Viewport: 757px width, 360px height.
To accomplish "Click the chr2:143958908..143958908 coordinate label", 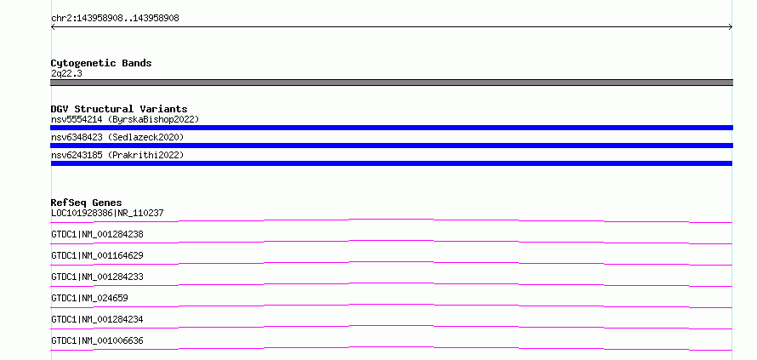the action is pyautogui.click(x=115, y=19).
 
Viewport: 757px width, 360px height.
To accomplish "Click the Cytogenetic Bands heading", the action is pyautogui.click(x=101, y=63).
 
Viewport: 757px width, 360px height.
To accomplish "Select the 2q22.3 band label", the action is pyautogui.click(x=66, y=74).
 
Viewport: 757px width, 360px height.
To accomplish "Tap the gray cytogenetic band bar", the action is pyautogui.click(x=391, y=83).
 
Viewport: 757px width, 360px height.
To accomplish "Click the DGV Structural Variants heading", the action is pyautogui.click(x=119, y=109).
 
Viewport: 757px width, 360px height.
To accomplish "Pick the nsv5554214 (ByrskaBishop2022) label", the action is pyautogui.click(x=125, y=119).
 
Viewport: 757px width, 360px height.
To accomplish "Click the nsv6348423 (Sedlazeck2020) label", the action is pyautogui.click(x=117, y=137).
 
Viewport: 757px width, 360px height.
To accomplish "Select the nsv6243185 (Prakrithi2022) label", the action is pyautogui.click(x=117, y=155).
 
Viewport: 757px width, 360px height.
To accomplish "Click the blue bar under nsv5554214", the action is pyautogui.click(x=391, y=128).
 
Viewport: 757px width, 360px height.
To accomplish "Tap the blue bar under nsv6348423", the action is pyautogui.click(x=391, y=146).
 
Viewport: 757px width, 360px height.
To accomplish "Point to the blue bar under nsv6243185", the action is pyautogui.click(x=391, y=163).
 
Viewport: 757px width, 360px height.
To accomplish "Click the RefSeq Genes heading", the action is pyautogui.click(x=87, y=203).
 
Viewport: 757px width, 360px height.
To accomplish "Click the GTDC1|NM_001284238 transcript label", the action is pyautogui.click(x=97, y=234).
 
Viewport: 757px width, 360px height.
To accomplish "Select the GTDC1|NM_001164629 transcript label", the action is pyautogui.click(x=97, y=255).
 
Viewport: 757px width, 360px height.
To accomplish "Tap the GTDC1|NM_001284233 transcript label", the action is pyautogui.click(x=97, y=277).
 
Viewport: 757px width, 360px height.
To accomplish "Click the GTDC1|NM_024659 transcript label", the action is pyautogui.click(x=89, y=298).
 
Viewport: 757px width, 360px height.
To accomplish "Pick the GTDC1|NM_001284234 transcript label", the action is pyautogui.click(x=97, y=319).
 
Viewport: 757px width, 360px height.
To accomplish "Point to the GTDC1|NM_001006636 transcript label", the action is pyautogui.click(x=97, y=340).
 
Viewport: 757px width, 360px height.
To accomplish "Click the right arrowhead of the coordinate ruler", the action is pyautogui.click(x=731, y=27).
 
